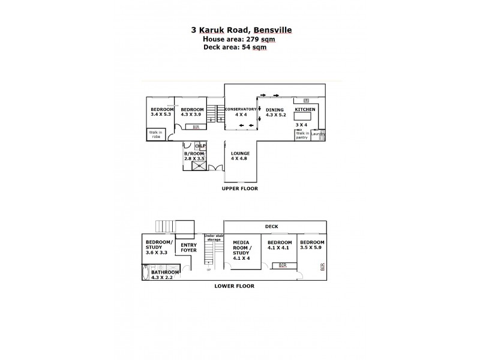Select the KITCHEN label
pos(304,110)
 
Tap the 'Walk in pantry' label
pos(302,135)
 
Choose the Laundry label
pos(318,134)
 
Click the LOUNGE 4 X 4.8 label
pos(241,156)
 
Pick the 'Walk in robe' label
pos(156,135)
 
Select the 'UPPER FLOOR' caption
pos(240,188)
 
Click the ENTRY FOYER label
pos(188,247)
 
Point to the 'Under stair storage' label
pos(214,238)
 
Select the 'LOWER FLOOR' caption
pos(234,286)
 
